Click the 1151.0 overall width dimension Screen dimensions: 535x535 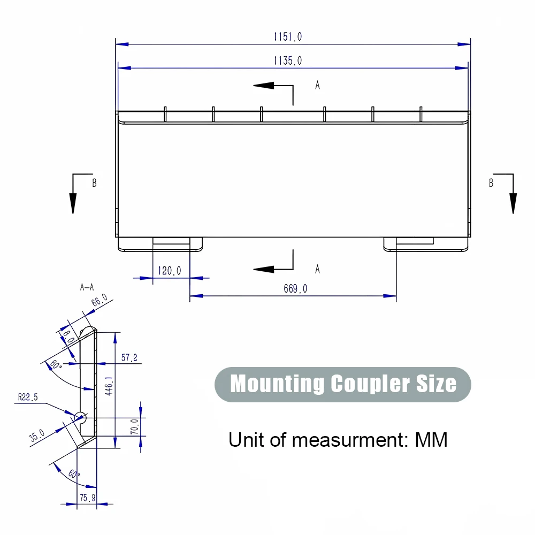(x=288, y=37)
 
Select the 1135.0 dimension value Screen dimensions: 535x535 (x=288, y=61)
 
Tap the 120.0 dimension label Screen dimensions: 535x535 (x=169, y=271)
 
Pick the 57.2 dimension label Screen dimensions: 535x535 (x=129, y=358)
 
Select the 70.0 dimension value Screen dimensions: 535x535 (x=135, y=426)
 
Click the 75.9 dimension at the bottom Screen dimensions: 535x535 (x=87, y=498)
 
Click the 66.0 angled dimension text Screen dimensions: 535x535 (x=100, y=301)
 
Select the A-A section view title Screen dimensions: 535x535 (x=87, y=287)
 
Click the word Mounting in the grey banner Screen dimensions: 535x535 (x=277, y=384)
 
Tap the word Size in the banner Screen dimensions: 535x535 (x=436, y=384)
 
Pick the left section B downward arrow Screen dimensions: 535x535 (x=73, y=203)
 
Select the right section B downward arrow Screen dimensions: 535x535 (x=513, y=203)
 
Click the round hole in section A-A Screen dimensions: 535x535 (x=81, y=416)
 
